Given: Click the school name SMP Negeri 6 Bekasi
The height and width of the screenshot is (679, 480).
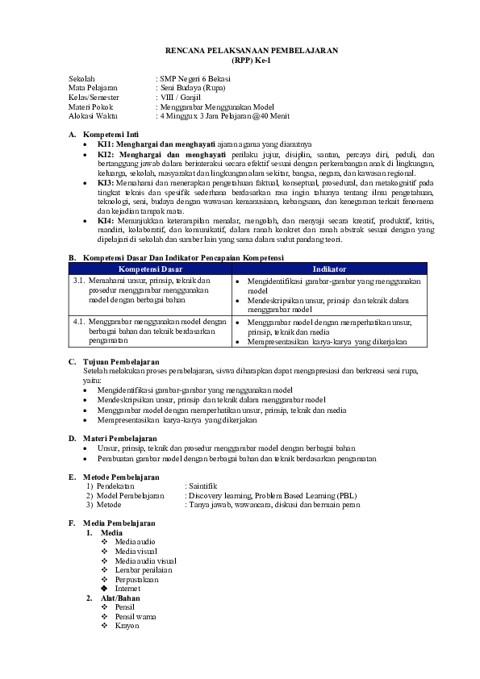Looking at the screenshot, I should pos(194,78).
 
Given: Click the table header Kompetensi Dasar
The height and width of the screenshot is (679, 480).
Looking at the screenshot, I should pos(149,269).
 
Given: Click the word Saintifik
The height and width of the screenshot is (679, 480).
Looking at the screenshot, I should pos(202,486).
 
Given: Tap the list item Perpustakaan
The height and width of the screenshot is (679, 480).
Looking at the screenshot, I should pos(136,579).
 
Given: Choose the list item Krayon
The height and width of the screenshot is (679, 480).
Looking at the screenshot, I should pos(127,625).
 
